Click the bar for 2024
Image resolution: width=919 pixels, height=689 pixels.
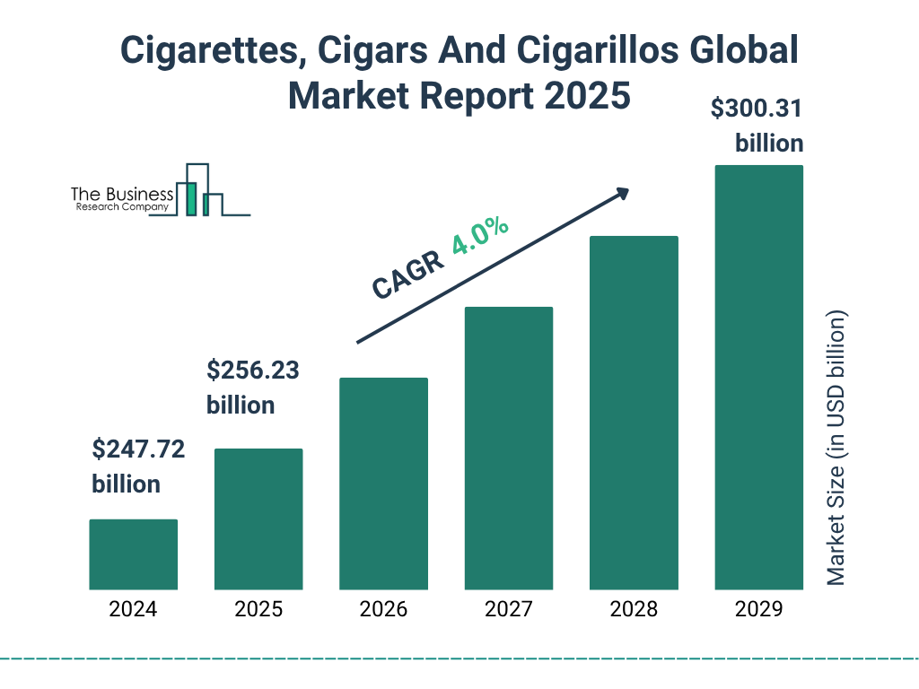(133, 554)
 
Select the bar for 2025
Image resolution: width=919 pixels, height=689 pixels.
(258, 519)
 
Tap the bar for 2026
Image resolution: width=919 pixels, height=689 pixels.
(383, 484)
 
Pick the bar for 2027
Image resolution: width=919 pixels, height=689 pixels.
(508, 448)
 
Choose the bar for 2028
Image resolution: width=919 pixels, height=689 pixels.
(634, 413)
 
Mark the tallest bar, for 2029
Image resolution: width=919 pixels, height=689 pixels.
(758, 377)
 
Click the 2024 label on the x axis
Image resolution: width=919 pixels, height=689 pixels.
(133, 610)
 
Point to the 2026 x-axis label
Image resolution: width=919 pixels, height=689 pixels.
(383, 610)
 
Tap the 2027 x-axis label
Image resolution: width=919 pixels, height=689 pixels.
(508, 610)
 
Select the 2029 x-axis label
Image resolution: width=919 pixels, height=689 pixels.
(758, 610)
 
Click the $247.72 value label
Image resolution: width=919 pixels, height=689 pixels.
(138, 449)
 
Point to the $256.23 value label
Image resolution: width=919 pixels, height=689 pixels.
(253, 371)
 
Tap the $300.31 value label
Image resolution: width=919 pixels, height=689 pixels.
(757, 109)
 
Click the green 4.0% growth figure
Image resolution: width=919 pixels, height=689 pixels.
(481, 236)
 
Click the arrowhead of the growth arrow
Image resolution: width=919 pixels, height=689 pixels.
(622, 193)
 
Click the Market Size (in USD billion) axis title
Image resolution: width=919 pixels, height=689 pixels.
(836, 449)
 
